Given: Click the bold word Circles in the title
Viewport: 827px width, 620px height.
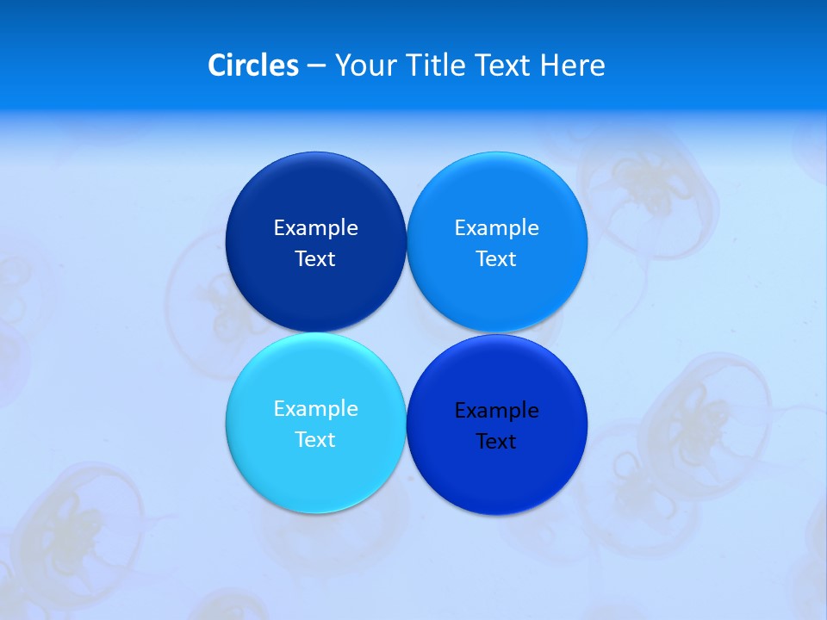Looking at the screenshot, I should coord(252,65).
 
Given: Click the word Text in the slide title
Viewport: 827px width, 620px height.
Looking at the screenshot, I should coord(505,65).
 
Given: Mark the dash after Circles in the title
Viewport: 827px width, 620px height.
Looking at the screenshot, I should coord(316,66).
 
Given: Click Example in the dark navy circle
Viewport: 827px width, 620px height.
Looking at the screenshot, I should coord(315,228).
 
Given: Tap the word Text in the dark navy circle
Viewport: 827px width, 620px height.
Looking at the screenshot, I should coord(315,259).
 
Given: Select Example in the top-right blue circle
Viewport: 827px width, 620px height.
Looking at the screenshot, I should coord(496,228).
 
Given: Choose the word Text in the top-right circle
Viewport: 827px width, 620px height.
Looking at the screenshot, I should coord(496,259).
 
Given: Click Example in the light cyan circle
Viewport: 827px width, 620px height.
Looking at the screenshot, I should coord(315,409).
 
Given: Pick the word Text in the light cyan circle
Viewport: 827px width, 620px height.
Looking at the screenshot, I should coord(315,440).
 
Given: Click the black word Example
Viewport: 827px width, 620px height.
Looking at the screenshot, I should coord(496,411).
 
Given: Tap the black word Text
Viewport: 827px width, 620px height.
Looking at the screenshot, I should coord(496,442).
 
